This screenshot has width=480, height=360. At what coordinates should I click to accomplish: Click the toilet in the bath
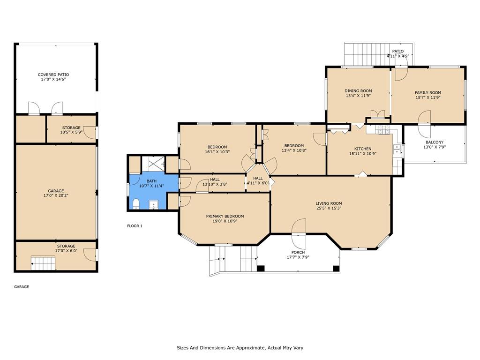click(136, 204)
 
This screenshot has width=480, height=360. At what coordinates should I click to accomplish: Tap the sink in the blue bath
click(154, 204)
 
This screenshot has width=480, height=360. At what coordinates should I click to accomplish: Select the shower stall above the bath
click(153, 165)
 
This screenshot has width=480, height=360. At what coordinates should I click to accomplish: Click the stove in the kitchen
click(383, 130)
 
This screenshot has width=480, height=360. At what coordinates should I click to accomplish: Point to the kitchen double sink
click(397, 149)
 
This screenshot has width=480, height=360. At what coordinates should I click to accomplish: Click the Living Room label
click(329, 203)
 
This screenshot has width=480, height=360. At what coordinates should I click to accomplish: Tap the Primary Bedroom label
click(225, 216)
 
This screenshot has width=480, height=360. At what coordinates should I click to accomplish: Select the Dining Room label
click(358, 90)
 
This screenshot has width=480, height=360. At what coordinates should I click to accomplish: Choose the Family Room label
click(428, 92)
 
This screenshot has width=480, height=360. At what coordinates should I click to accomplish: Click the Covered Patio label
click(53, 75)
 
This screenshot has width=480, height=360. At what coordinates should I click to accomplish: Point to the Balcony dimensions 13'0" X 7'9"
click(435, 147)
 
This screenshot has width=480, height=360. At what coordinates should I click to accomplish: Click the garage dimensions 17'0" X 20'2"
click(56, 195)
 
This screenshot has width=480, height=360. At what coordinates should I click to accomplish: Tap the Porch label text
click(298, 252)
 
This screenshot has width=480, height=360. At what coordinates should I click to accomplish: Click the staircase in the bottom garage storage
click(43, 263)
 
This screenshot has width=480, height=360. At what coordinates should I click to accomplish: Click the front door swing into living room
click(299, 234)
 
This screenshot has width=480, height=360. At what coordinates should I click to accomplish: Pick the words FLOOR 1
click(135, 226)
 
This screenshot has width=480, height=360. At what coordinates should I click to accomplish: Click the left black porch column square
click(261, 269)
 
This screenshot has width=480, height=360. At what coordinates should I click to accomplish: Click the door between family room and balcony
click(425, 124)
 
